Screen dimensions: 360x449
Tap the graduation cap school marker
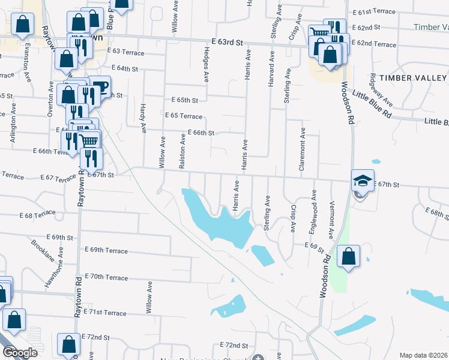[363, 181]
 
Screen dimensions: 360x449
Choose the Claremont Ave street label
[303, 150]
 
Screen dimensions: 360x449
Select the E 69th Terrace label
[106, 250]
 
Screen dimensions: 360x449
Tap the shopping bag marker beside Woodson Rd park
[348, 257]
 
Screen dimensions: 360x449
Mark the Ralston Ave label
[182, 151]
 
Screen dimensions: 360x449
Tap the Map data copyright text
[424, 355]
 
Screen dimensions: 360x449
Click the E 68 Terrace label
[37, 214]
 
